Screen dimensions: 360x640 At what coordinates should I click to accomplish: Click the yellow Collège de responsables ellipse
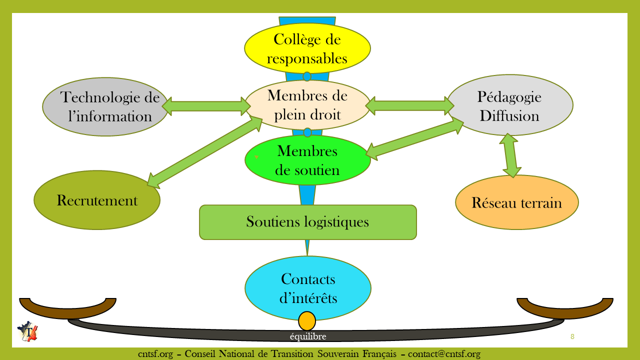click(307, 48)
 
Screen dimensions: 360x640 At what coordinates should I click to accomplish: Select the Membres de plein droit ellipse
click(307, 105)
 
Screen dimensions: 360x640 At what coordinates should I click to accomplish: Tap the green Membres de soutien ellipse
click(307, 160)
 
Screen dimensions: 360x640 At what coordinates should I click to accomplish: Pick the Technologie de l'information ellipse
click(105, 107)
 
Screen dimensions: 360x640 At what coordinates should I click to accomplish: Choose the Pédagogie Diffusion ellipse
click(509, 106)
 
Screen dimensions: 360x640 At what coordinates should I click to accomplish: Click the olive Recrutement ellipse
click(97, 200)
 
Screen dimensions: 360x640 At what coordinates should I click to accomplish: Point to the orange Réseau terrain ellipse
click(516, 202)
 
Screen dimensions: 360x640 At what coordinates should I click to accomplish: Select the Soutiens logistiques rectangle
click(307, 222)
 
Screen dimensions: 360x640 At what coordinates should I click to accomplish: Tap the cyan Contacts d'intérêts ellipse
click(307, 288)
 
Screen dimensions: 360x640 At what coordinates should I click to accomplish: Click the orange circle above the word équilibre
click(307, 321)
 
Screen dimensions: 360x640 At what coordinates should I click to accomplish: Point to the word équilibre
click(308, 336)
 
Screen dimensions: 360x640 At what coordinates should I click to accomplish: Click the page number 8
click(572, 336)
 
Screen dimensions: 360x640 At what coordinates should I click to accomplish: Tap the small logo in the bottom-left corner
click(27, 331)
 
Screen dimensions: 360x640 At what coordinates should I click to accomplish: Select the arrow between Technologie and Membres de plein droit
click(206, 105)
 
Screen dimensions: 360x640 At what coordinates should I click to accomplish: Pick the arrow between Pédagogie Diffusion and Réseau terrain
click(510, 155)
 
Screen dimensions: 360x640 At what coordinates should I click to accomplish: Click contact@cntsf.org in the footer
click(444, 354)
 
